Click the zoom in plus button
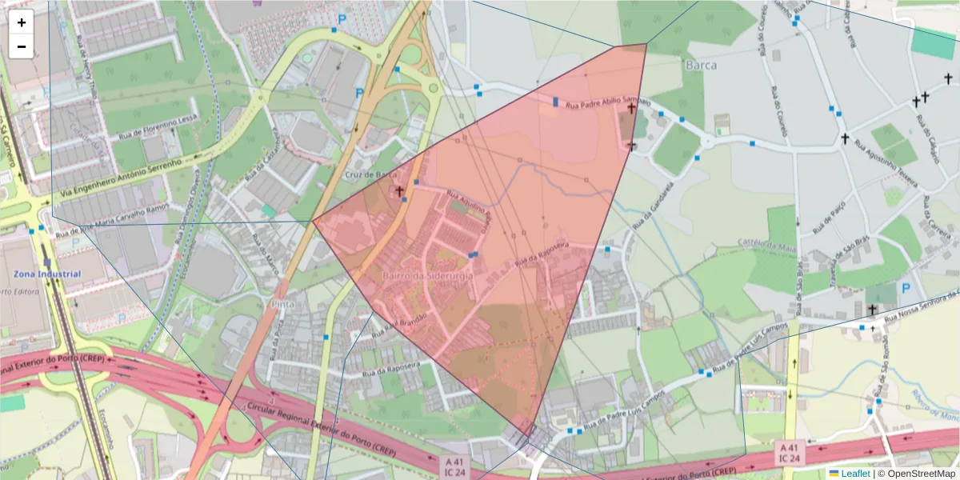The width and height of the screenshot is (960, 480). click(x=22, y=22)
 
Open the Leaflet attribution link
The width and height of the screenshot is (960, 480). click(x=855, y=474)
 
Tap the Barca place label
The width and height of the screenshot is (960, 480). click(x=701, y=65)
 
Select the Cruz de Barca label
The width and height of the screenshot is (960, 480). click(x=370, y=174)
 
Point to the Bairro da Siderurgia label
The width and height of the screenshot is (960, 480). click(x=428, y=275)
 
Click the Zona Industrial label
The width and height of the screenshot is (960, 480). click(x=46, y=274)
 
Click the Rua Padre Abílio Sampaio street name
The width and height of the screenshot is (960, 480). click(x=608, y=104)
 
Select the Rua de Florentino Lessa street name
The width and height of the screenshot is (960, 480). click(x=158, y=128)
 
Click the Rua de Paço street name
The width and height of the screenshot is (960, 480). click(x=830, y=216)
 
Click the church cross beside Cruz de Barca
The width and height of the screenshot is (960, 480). click(x=399, y=191)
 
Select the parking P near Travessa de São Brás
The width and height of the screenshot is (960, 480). click(x=906, y=288)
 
